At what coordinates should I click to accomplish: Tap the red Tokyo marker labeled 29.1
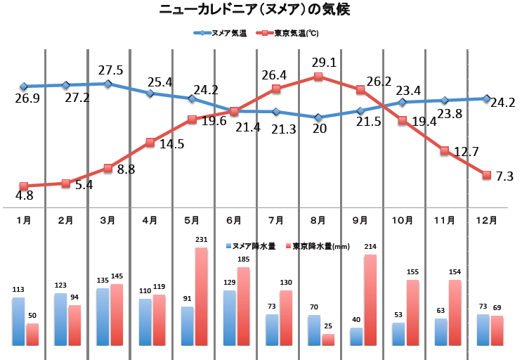tap(318, 77)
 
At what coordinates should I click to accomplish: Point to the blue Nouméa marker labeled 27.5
tap(107, 84)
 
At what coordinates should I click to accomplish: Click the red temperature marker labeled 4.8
tap(24, 186)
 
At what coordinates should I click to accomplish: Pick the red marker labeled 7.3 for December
tap(486, 174)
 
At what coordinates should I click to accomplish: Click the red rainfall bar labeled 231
tap(201, 296)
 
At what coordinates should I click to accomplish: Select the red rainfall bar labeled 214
tap(370, 300)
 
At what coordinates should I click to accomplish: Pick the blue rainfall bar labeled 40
tap(356, 336)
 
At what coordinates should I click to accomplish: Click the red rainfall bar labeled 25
tap(328, 340)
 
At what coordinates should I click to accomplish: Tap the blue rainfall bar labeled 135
tap(103, 316)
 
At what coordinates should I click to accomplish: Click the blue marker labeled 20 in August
tap(318, 117)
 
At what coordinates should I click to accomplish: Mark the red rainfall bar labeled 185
tap(243, 306)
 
